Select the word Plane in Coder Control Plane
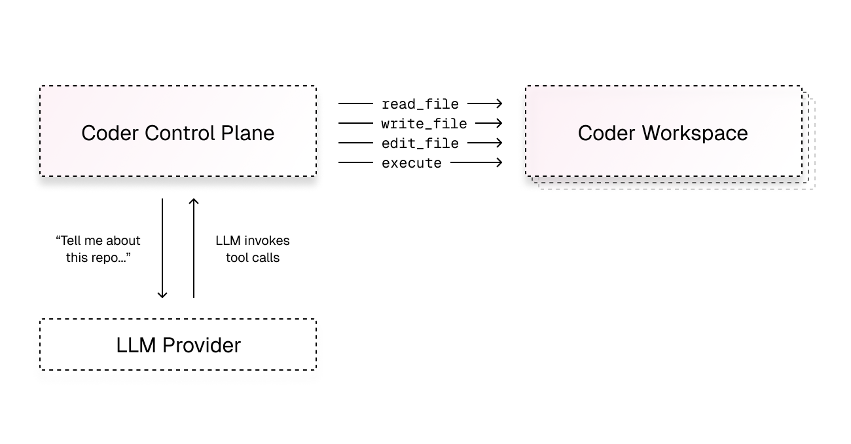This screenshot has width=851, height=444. point(250,133)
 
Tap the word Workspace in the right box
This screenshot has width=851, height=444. point(695,133)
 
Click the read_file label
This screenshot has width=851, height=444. point(420,104)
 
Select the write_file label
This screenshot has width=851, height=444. point(424,124)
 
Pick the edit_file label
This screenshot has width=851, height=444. point(420,143)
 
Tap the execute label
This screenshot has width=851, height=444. point(411,163)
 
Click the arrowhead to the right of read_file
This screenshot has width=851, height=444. point(499,103)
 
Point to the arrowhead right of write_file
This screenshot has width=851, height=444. point(499,123)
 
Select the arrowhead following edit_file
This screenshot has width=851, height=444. point(499,143)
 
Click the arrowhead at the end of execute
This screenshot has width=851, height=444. point(499,162)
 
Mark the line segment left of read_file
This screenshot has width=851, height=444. point(355,103)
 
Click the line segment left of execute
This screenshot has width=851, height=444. point(355,162)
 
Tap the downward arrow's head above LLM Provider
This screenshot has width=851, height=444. point(162,295)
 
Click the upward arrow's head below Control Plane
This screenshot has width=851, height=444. point(193,202)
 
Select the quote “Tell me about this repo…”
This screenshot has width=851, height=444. point(98,250)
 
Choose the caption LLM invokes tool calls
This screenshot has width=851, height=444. point(253,250)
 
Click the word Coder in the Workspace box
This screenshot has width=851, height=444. point(606,133)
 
